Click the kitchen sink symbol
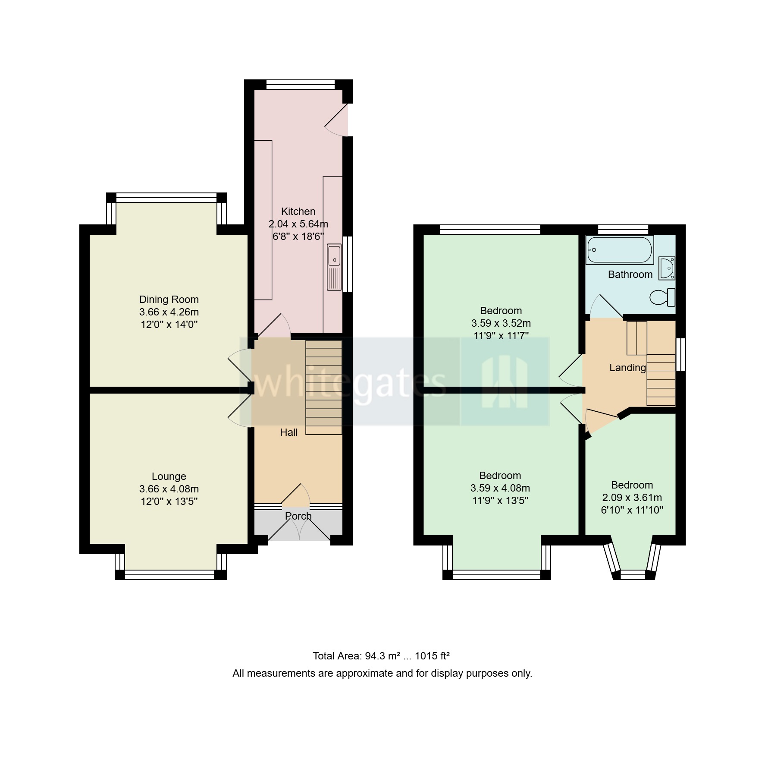coord(334,267)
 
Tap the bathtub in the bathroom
coord(620,250)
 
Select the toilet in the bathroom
coord(662,297)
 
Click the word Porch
coord(298,516)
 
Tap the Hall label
coord(288,432)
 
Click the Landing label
coord(627,368)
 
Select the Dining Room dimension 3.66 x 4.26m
coord(169,312)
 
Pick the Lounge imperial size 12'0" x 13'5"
coord(169,501)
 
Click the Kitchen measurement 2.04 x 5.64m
coord(298,224)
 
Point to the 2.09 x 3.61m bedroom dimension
coord(632,497)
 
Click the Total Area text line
coord(381,656)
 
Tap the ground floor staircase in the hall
coord(324,387)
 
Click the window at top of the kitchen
coord(301,85)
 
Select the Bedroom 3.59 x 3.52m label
coord(501,323)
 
